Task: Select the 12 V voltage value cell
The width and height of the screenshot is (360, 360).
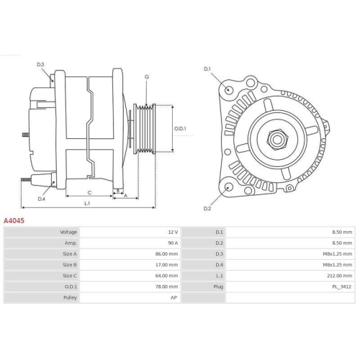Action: [x=172, y=233]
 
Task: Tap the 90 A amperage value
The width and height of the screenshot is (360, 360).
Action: [x=172, y=243]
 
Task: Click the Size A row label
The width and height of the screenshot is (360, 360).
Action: [x=70, y=254]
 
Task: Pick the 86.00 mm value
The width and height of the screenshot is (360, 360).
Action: [x=166, y=254]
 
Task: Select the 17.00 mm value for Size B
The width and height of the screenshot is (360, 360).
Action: [x=166, y=265]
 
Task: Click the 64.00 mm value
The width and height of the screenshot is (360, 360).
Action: [x=166, y=276]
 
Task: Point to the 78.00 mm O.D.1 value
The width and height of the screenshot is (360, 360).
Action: [x=166, y=287]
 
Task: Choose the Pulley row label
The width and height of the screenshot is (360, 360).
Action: [x=71, y=297]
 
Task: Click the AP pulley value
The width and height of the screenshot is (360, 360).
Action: [x=174, y=297]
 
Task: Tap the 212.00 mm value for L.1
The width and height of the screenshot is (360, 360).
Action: [x=341, y=276]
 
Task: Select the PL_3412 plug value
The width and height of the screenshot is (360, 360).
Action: [x=343, y=287]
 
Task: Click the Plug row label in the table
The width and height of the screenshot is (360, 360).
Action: [x=218, y=287]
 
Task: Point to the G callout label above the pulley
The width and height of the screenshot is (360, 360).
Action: [x=146, y=76]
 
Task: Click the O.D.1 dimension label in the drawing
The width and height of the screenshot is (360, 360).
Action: [x=181, y=129]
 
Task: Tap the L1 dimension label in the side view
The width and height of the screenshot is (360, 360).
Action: [x=86, y=204]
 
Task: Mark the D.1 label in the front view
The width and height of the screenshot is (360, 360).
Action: [x=207, y=68]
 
